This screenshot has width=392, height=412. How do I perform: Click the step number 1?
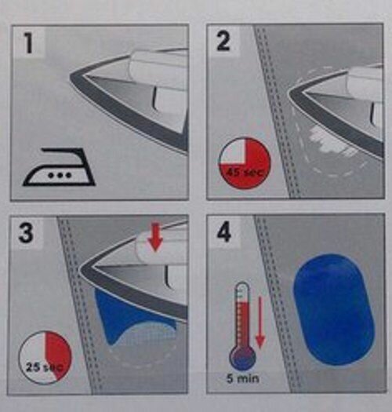coord(29,42)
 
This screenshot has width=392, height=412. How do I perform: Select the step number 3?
coord(26,232)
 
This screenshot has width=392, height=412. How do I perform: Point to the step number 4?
coord(224,232)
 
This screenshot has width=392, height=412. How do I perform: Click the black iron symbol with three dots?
coord(59,168)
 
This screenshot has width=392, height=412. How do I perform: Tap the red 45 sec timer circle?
coord(245,163)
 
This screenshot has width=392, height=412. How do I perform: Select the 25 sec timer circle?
coord(45,358)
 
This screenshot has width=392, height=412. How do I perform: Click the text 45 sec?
coord(245,173)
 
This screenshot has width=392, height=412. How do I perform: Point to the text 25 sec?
coord(44,366)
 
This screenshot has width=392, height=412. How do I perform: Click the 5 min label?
coord(243,378)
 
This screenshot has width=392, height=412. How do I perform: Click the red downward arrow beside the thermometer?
coord(260,323)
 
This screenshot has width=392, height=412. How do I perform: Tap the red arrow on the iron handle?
coord(155,237)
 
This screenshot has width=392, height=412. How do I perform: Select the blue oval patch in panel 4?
coord(333,309)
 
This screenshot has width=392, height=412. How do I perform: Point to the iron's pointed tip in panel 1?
coord(71,77)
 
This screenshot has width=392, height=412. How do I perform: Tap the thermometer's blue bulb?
coord(242,359)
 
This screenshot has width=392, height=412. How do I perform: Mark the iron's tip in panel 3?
coord(79,269)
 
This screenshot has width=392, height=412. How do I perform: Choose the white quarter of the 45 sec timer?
coord(233,151)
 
